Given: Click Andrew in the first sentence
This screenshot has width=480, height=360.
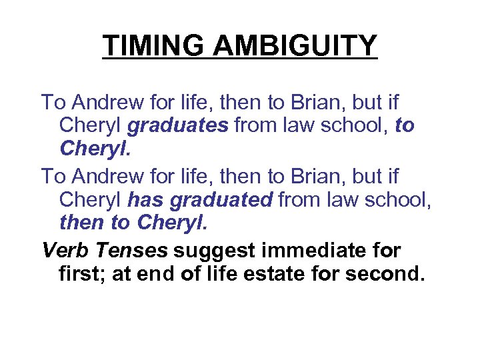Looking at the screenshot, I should pyautogui.click(x=99, y=103).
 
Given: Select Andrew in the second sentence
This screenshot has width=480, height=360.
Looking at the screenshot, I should pyautogui.click(x=99, y=177).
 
